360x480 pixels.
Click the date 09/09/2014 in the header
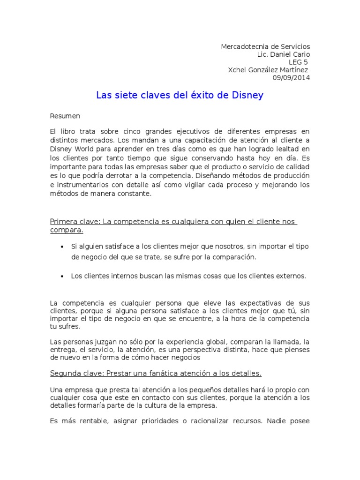pos(291,78)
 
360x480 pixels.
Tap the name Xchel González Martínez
pos(268,70)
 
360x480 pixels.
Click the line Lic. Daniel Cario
pos(284,54)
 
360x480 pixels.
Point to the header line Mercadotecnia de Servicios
pos(265,47)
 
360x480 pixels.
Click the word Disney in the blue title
pos(248,96)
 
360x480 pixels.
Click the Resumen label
pos(65,116)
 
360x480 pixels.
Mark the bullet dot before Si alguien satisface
pos(62,247)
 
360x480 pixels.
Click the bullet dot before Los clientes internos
pos(62,277)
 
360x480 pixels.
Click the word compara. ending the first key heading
pos(67,230)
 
